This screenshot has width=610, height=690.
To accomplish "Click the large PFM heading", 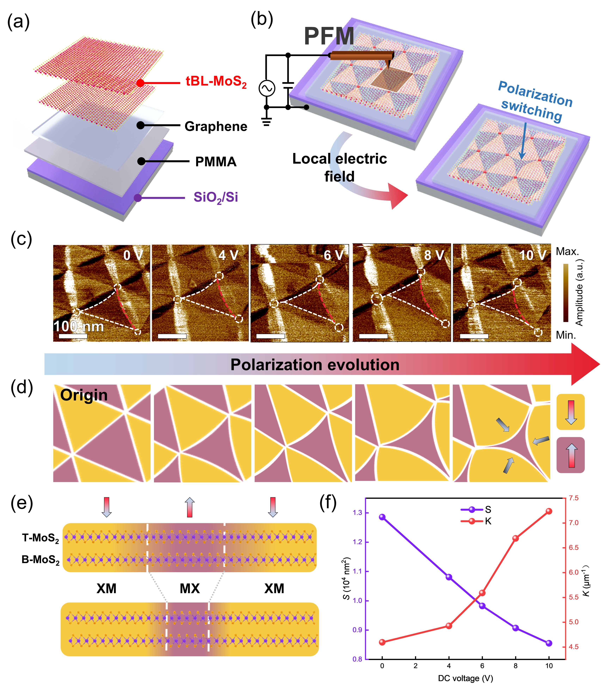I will click(x=329, y=36).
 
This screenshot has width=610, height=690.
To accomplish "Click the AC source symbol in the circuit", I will click(x=267, y=88).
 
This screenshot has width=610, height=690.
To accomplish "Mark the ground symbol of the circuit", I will click(x=267, y=121).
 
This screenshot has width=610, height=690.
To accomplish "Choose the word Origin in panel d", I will click(x=84, y=395).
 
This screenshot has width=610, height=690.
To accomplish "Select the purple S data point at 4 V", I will click(x=449, y=577).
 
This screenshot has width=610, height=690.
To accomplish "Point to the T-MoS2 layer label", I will click(x=41, y=538).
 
